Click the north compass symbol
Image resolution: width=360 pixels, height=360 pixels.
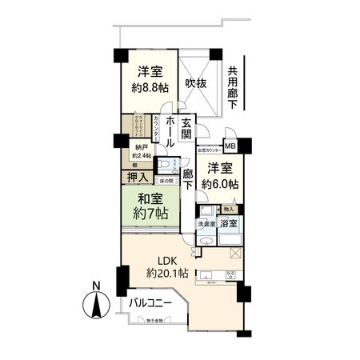(x=96, y=305)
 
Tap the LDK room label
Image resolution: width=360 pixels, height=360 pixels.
(x=166, y=260)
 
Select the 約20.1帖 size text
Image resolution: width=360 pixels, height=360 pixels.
(x=166, y=274)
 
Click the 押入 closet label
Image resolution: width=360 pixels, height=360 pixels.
(x=138, y=177)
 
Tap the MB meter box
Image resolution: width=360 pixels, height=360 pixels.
(x=230, y=146)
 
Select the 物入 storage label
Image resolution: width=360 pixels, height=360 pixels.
(x=229, y=209)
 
